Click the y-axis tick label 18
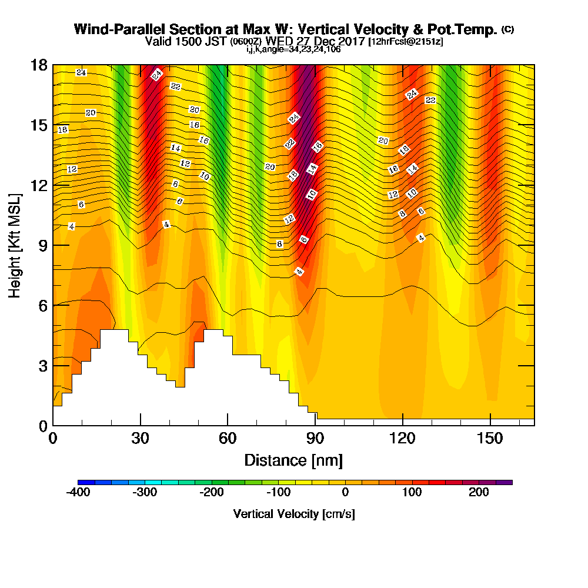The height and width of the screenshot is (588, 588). click(x=39, y=65)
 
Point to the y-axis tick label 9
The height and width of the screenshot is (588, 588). click(x=44, y=246)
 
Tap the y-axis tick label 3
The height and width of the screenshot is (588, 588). click(x=44, y=366)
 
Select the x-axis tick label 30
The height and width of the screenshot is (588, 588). click(x=141, y=438)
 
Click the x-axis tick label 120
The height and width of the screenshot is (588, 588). click(x=402, y=438)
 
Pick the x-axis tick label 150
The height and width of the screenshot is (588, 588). click(x=490, y=438)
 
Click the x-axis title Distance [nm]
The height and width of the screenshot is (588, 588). click(x=293, y=460)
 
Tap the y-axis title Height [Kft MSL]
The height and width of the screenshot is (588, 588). click(x=15, y=246)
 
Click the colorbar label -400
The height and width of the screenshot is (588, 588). click(x=78, y=492)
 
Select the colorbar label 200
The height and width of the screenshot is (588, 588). click(x=479, y=492)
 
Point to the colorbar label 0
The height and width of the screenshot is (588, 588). click(x=345, y=492)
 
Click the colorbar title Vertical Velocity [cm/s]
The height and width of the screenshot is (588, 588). click(x=294, y=514)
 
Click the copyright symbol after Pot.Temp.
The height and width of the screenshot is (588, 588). click(x=508, y=29)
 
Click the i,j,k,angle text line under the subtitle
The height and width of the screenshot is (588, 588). click(x=293, y=49)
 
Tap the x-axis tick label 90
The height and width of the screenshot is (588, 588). click(x=315, y=438)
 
